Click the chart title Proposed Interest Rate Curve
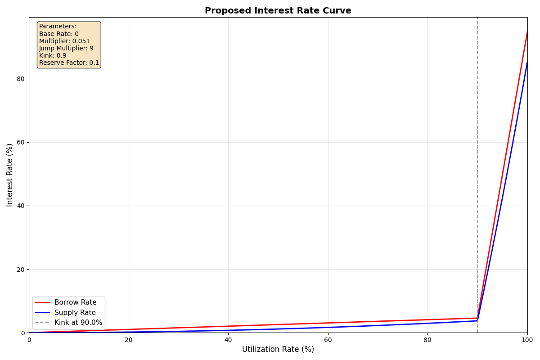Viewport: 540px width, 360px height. tap(278, 11)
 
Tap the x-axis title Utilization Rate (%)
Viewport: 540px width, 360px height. tap(278, 349)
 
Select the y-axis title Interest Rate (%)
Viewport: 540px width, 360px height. tap(10, 175)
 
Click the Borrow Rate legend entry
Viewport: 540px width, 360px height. tap(75, 303)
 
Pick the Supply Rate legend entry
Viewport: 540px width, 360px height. tap(75, 313)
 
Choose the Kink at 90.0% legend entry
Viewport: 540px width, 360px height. tap(78, 323)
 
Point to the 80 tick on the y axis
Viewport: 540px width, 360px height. tap(21, 79)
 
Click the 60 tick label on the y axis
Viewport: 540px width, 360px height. tap(21, 142)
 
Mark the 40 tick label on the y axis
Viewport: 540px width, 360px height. tap(21, 206)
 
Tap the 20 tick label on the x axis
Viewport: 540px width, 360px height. tap(129, 340)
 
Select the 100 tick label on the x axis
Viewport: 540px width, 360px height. tap(527, 340)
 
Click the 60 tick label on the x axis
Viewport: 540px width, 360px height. tap(328, 340)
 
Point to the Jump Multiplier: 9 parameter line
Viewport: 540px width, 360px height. tap(66, 49)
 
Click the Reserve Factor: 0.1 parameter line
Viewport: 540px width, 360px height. tap(69, 63)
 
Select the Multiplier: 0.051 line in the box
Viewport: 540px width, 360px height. tap(64, 41)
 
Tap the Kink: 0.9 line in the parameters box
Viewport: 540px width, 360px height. tap(53, 56)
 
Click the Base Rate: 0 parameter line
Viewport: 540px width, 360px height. tap(59, 34)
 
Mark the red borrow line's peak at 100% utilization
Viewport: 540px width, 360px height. tap(527, 32)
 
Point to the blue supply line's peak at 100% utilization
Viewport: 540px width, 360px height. tap(527, 62)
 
